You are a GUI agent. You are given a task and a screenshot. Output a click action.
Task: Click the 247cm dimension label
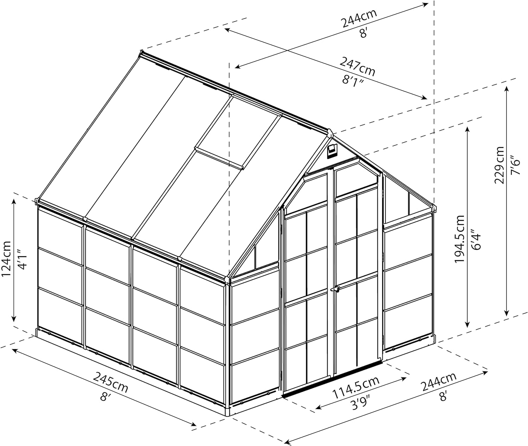tap(357, 67)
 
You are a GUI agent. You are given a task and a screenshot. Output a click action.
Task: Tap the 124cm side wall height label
tap(7, 259)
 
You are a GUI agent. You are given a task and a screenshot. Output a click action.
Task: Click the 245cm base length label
tap(110, 384)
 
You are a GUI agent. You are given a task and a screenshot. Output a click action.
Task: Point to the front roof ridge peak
tap(330, 133)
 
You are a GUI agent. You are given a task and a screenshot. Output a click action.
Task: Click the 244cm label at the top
tap(359, 19)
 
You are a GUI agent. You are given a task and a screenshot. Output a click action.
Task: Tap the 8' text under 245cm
tap(105, 397)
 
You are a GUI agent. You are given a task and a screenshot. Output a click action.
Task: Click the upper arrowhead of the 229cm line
tap(507, 88)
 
